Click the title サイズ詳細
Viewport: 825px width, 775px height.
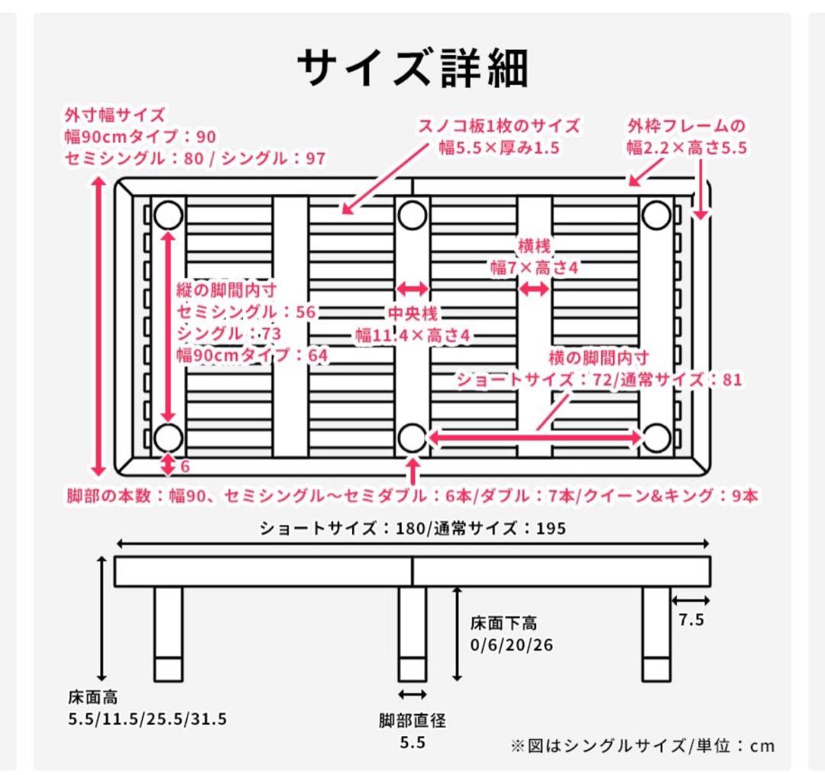click(x=412, y=69)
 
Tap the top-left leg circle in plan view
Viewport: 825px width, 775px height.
click(x=168, y=216)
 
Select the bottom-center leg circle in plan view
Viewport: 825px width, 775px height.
click(x=412, y=438)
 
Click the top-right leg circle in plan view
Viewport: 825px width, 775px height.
click(x=655, y=216)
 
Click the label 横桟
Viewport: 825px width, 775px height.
click(x=534, y=247)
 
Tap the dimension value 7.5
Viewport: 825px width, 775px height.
click(x=691, y=620)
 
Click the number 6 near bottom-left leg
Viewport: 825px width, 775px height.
click(x=184, y=466)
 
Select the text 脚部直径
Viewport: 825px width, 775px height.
click(x=412, y=720)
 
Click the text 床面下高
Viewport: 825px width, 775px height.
click(x=503, y=623)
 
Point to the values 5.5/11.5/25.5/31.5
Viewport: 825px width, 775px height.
click(x=147, y=719)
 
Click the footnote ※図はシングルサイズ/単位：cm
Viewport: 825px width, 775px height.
click(x=642, y=745)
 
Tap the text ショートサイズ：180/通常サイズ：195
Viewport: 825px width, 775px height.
click(x=412, y=528)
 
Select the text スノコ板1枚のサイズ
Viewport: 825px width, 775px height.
click(x=498, y=126)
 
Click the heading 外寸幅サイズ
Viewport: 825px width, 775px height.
click(x=115, y=115)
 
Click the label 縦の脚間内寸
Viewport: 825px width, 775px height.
click(x=226, y=290)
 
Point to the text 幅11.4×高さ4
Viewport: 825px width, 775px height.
click(x=411, y=335)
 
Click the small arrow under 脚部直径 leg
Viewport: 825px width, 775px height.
click(x=412, y=694)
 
